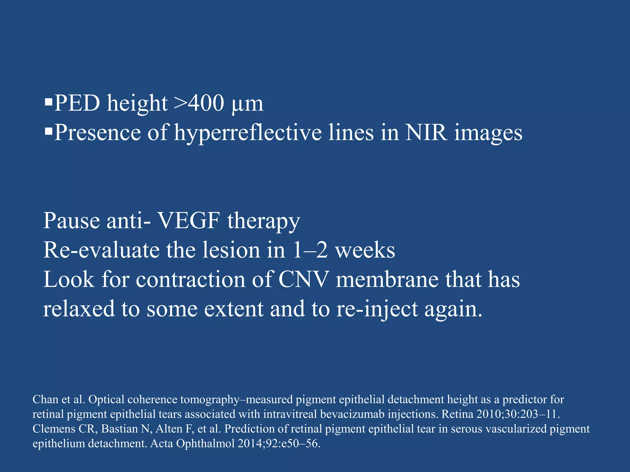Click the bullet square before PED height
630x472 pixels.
(48, 102)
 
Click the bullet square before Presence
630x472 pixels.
(48, 131)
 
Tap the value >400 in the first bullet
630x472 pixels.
(199, 103)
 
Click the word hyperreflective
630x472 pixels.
(248, 133)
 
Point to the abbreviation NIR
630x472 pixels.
(426, 133)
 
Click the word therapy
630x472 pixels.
(264, 222)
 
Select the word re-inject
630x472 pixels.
(377, 309)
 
